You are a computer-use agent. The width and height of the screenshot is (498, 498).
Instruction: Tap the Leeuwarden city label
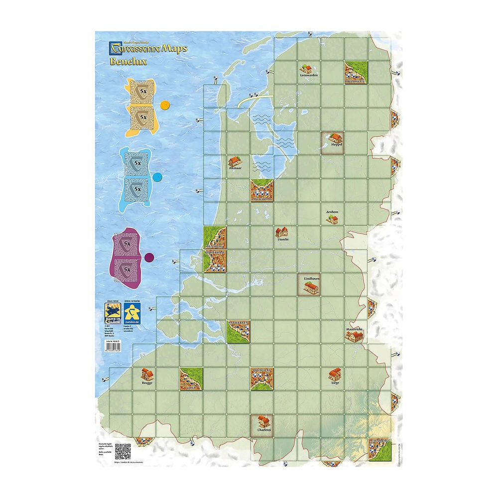(309, 76)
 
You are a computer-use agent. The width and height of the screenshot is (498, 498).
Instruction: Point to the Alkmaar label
(235, 169)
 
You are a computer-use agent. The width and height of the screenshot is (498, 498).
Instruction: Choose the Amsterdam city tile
(262, 191)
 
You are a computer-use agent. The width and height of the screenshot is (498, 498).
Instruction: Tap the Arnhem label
(332, 212)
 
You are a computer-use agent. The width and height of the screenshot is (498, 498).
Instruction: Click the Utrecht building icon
(282, 232)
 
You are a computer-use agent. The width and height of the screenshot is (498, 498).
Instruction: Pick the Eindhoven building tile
(309, 285)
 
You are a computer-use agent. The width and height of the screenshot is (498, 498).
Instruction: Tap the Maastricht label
(356, 330)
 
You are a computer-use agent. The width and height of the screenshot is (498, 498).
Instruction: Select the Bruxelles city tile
(262, 379)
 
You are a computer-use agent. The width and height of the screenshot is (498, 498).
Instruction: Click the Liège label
(335, 384)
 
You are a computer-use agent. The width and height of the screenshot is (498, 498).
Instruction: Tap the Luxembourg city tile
(380, 450)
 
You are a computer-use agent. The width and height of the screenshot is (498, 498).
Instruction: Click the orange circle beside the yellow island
(164, 106)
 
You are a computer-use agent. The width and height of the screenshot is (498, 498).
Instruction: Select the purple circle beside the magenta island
(148, 257)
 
